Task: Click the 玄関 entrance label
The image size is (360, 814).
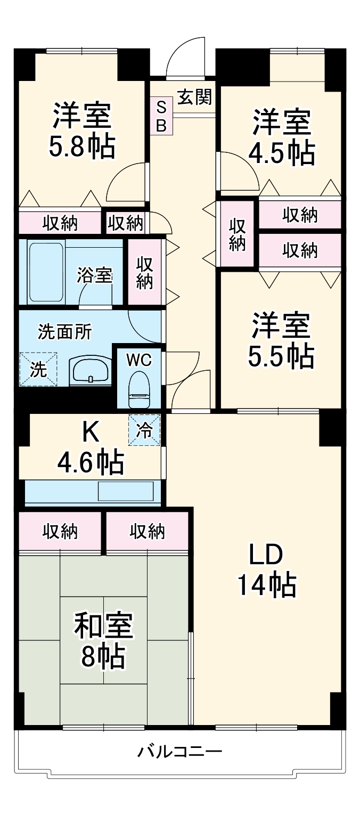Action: coord(195,97)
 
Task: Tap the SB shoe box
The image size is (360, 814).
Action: coord(161,116)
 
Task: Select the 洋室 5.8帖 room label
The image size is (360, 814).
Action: coord(82,131)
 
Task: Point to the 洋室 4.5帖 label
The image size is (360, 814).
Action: coord(282,136)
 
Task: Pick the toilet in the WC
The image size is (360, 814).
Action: coord(140,389)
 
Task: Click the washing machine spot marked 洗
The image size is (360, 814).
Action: coord(38,369)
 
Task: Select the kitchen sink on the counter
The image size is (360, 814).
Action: coord(126,491)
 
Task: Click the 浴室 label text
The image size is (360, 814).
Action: coord(94,275)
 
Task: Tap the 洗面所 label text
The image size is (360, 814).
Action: coord(65,331)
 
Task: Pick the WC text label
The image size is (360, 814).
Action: coord(139,360)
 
